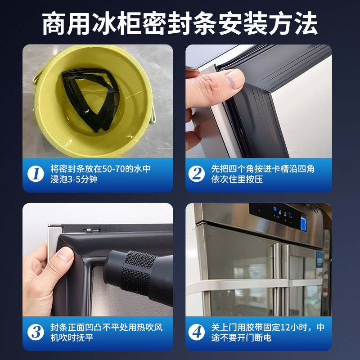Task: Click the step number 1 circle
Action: (36, 174)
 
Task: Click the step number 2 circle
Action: (196, 174)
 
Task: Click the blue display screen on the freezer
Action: (303, 222)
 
